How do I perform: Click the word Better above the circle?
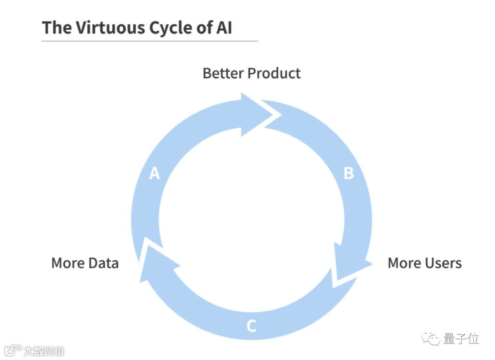click(x=223, y=73)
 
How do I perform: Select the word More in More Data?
click(x=67, y=263)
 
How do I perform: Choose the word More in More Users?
click(x=404, y=263)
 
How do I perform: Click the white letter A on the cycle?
click(x=155, y=174)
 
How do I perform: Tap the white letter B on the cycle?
click(x=349, y=174)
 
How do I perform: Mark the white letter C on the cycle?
click(x=251, y=326)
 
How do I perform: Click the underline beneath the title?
click(x=149, y=41)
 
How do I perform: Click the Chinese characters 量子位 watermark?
click(x=461, y=339)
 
